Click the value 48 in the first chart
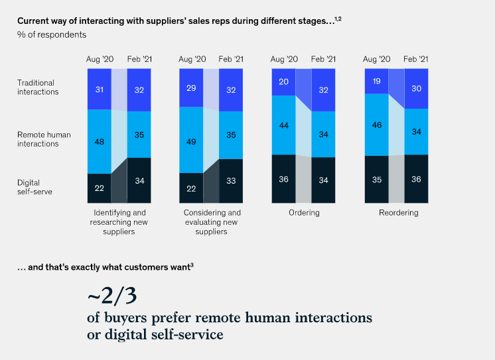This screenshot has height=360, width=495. pos(98,141)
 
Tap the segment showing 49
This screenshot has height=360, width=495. pos(191,141)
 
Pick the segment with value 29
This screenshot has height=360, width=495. pos(191,88)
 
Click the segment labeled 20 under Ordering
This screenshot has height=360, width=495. pos(283,82)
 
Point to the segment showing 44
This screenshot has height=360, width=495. pos(283,125)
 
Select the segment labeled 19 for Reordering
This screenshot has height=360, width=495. pos(376,81)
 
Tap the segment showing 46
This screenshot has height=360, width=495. pos(376,125)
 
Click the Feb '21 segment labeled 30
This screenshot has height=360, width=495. pos(415,88)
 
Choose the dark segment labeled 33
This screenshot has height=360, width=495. pos(231,180)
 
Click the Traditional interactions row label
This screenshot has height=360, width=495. pos(38,88)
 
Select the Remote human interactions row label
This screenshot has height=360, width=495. pos(44,139)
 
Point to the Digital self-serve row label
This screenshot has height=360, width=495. pos(35,187)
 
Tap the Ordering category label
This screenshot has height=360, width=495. pos(304,213)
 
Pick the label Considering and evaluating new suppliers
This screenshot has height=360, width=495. pos(212,222)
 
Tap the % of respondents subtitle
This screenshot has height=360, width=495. pos(52,34)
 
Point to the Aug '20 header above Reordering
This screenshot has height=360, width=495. pos(376,59)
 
